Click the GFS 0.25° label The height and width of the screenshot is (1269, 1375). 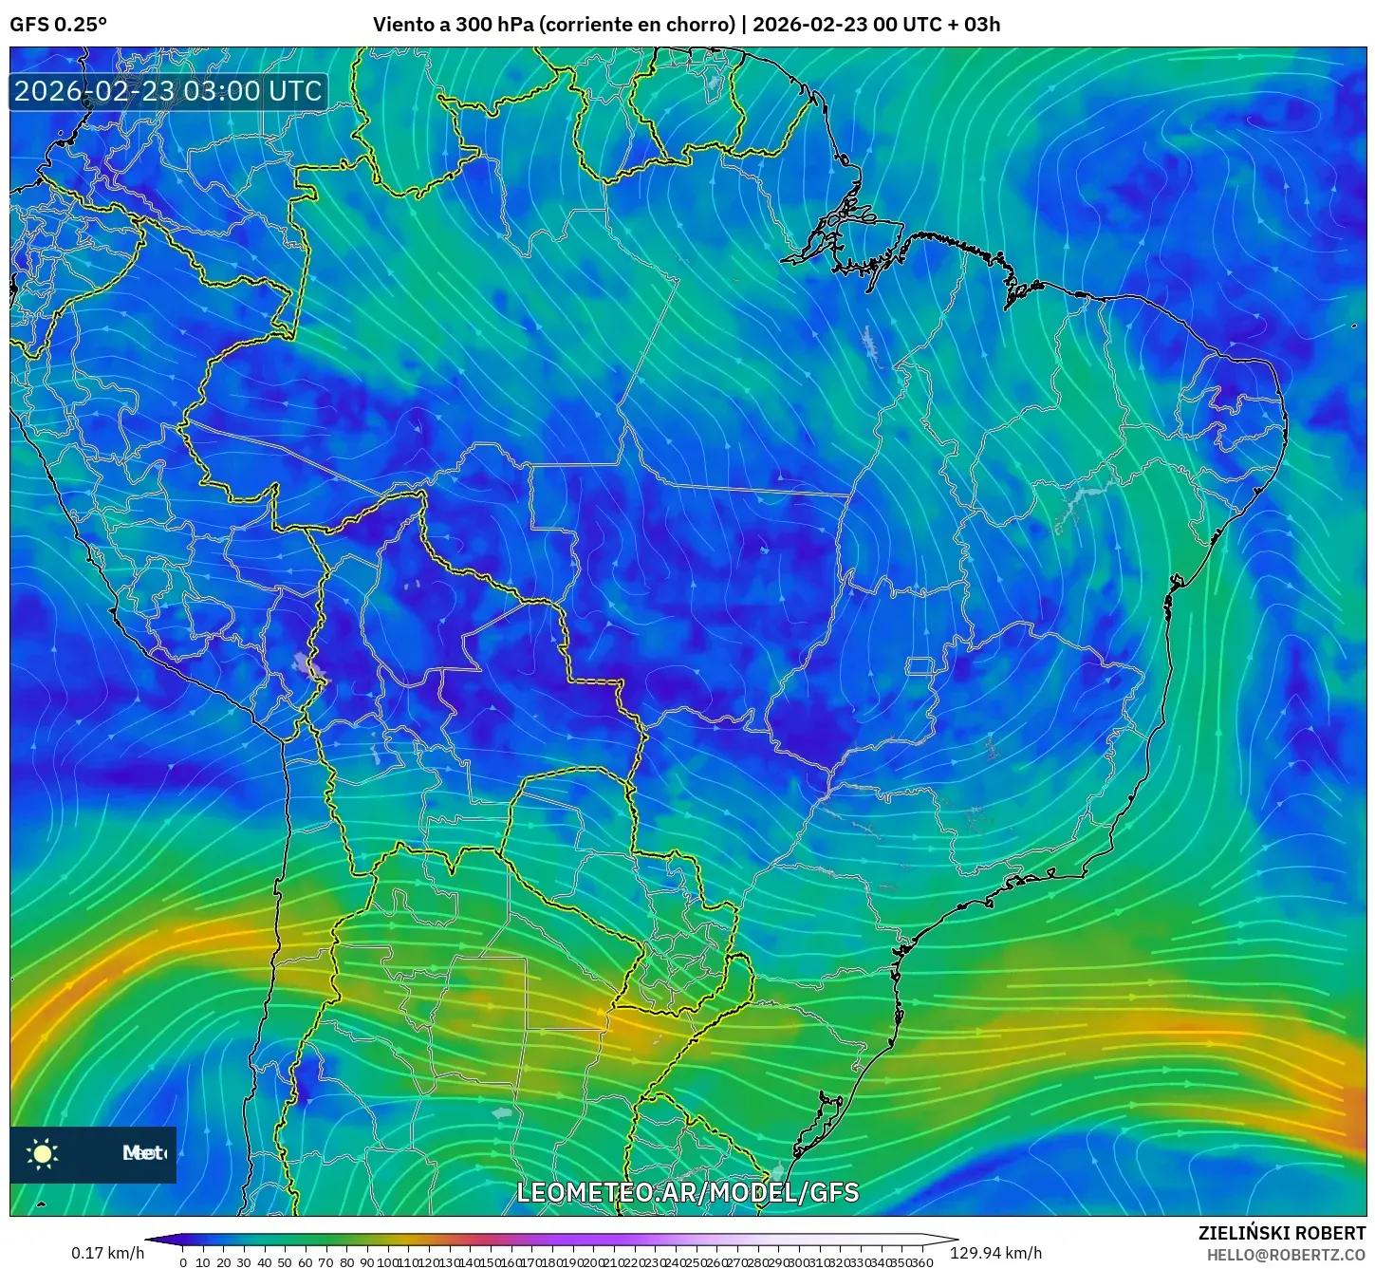(x=58, y=25)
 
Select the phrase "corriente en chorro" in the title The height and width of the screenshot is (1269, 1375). (x=637, y=25)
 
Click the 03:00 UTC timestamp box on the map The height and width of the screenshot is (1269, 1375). (x=168, y=91)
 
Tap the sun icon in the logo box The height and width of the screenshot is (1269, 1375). (x=43, y=1153)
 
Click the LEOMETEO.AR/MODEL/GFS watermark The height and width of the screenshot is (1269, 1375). (x=687, y=1192)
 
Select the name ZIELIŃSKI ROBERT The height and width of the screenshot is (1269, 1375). (x=1281, y=1233)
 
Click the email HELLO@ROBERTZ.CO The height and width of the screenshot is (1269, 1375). (x=1286, y=1255)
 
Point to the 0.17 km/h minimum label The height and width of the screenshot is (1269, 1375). (x=107, y=1253)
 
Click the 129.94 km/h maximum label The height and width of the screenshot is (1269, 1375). (x=995, y=1253)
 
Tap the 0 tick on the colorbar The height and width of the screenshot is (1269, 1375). (x=183, y=1262)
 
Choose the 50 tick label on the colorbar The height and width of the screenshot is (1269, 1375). (x=285, y=1262)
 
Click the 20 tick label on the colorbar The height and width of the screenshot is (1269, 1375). (x=224, y=1262)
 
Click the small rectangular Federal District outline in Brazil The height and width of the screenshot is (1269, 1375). (x=920, y=666)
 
